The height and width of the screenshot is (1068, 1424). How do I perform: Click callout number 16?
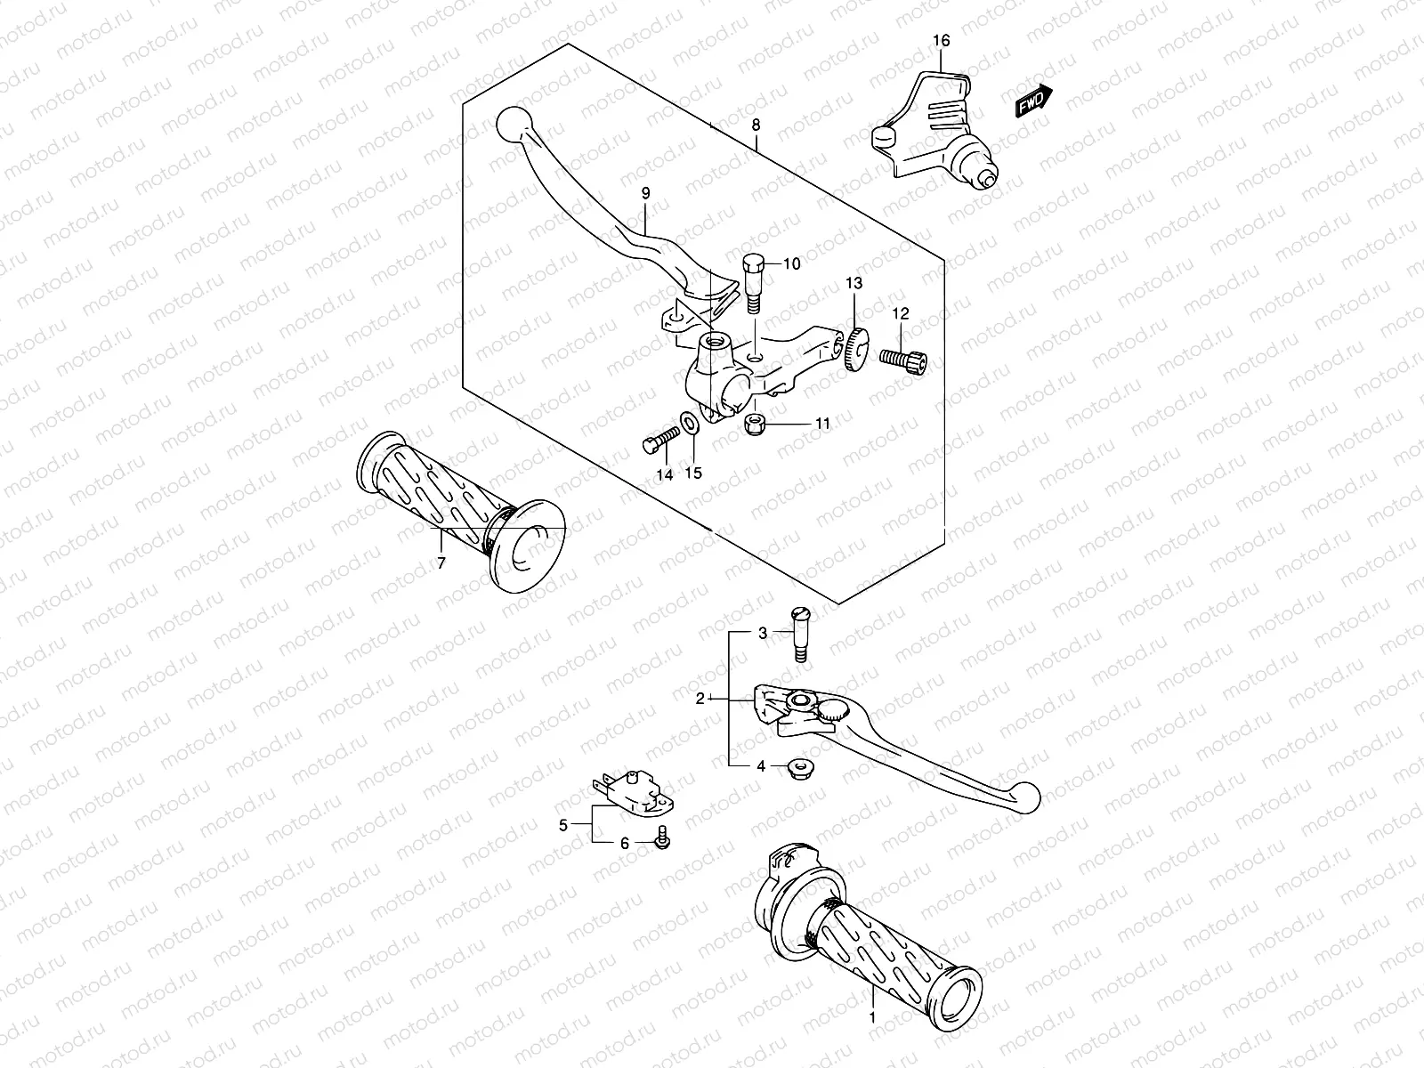point(942,41)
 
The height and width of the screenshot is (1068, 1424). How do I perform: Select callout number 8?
point(756,125)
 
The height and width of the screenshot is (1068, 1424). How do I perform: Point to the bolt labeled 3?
point(798,642)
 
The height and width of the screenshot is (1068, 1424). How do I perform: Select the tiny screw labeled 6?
point(663,838)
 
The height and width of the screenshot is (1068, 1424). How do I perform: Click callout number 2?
point(700,699)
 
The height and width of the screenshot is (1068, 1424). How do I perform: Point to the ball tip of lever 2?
point(1026,790)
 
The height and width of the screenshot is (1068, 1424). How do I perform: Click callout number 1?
point(873,1016)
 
